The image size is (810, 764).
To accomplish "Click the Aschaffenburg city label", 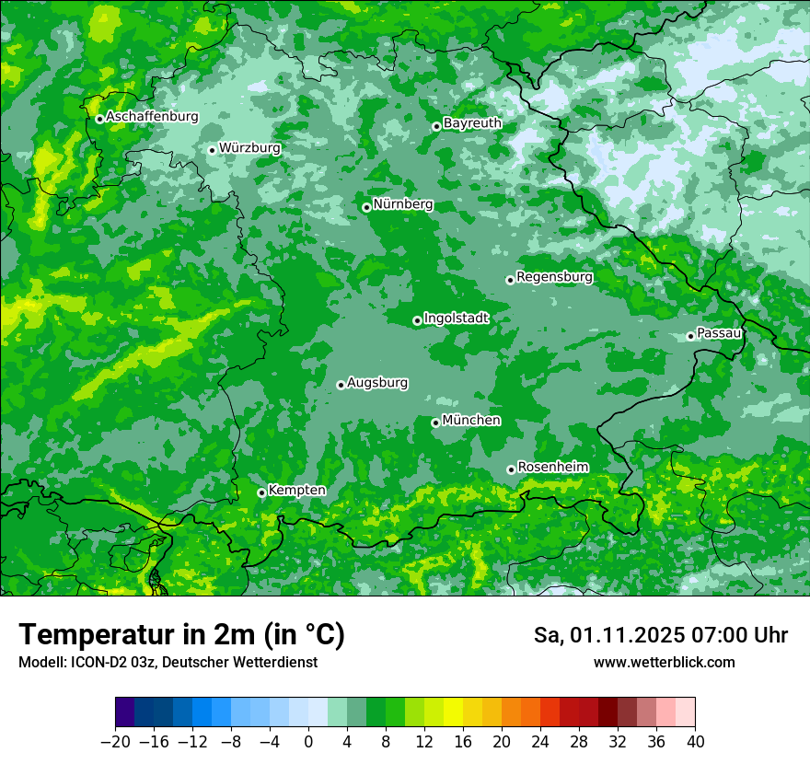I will tap(152, 117).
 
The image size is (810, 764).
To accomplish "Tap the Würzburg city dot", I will tap(212, 150).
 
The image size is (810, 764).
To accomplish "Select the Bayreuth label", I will tap(472, 122).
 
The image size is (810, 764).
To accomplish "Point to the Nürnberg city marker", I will tap(366, 207).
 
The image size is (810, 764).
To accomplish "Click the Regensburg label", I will tap(554, 276).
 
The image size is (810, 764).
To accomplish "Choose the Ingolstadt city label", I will tap(456, 318).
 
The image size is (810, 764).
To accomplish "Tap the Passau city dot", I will tap(690, 336).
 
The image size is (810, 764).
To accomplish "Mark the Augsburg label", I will tap(377, 382).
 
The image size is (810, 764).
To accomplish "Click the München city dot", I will tap(435, 423).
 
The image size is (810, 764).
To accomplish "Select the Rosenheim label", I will tap(552, 467).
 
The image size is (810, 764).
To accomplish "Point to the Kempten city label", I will tap(296, 490).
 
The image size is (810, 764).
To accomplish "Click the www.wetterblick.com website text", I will tap(664, 662).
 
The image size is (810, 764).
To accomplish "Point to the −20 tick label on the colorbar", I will tap(115, 741).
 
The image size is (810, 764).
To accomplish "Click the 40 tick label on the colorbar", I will tap(695, 741).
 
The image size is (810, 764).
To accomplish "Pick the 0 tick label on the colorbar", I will tap(308, 741).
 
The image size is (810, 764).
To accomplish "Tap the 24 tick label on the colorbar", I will tap(540, 741).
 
